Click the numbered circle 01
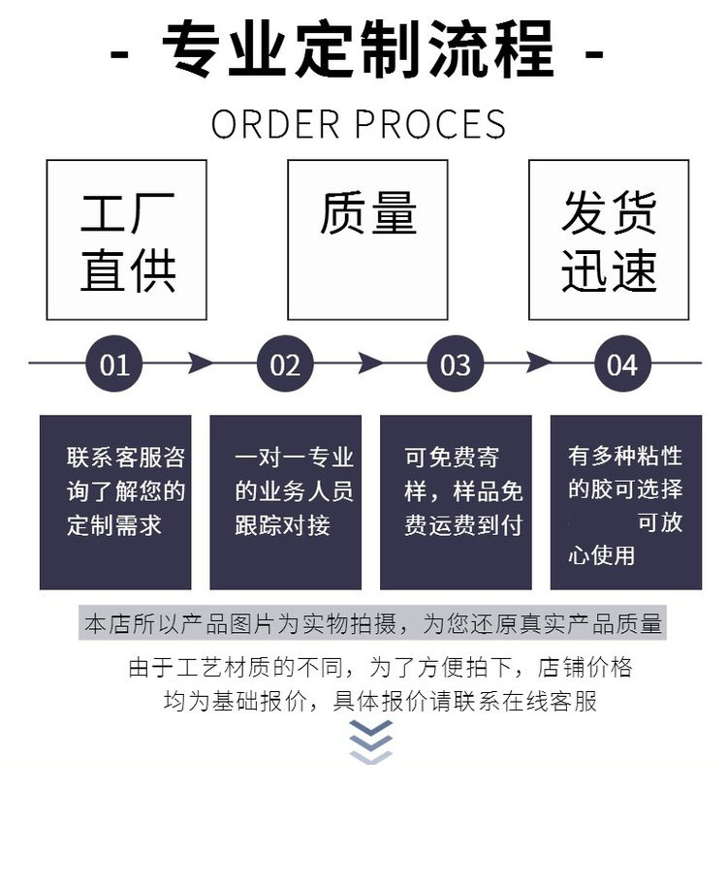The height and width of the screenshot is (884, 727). (114, 364)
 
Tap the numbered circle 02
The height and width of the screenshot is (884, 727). (285, 364)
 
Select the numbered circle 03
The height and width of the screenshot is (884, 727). (456, 364)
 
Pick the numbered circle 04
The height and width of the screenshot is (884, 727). (622, 364)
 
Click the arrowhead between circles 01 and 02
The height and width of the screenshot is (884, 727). (201, 364)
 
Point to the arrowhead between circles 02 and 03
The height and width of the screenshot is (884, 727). (370, 364)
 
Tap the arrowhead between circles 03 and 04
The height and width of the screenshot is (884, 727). (539, 364)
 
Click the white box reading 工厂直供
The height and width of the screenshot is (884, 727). (127, 240)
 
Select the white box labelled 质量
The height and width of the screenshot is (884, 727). (367, 240)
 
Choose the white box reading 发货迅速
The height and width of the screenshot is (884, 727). (609, 240)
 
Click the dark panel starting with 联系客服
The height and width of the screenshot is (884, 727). (115, 502)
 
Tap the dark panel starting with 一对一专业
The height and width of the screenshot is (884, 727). (286, 502)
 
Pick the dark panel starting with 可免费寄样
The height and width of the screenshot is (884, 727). (456, 502)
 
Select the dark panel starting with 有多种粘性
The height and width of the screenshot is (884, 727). (626, 502)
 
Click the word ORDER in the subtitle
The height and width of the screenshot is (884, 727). (276, 125)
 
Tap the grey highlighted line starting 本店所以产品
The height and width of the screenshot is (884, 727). (373, 624)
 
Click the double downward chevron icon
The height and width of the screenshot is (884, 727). (371, 742)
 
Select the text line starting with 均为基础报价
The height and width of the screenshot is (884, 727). (380, 701)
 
